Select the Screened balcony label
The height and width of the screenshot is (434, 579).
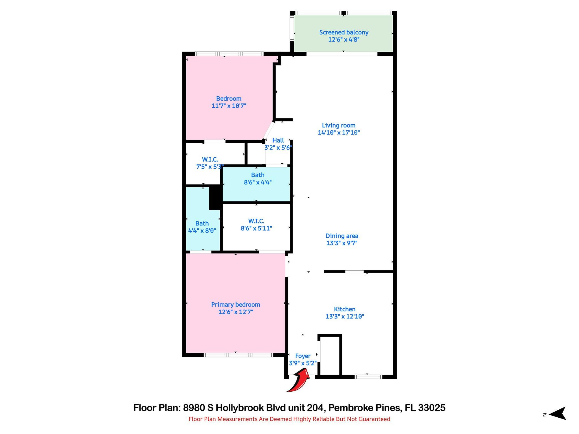pos(344,32)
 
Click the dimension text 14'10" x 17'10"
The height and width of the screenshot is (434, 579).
pos(339,133)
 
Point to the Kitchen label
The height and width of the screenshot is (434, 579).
pos(345,309)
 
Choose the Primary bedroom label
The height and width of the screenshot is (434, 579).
pos(236,305)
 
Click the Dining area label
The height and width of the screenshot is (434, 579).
pos(342,236)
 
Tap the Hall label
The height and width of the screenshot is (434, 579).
pos(278,140)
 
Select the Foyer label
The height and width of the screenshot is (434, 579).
pos(303,356)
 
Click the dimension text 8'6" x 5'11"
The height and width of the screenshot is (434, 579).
pos(256,228)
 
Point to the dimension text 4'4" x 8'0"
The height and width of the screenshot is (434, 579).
pos(202,231)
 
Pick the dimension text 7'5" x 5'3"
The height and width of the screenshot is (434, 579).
pos(210,167)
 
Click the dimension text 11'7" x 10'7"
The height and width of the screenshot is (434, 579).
pos(229,106)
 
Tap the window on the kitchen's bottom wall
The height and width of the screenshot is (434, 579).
pos(368,377)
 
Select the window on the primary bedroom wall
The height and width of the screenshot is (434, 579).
pos(238,355)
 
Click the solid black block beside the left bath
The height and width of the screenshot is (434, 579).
pos(215,197)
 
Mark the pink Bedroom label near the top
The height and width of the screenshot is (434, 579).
pos(229,99)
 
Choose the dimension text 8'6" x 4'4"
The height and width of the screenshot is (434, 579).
pos(258,182)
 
